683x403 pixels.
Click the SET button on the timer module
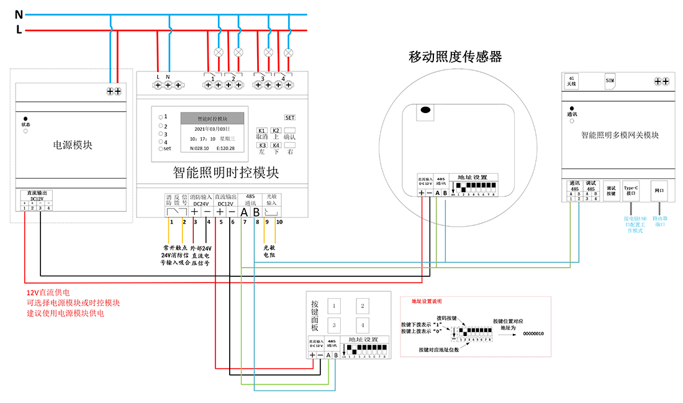tap(290, 117)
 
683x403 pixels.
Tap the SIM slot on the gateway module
tap(610, 81)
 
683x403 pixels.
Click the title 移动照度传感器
tap(455, 57)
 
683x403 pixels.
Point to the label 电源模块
tap(73, 145)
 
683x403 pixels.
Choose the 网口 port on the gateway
tap(659, 191)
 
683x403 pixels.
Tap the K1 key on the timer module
tap(262, 130)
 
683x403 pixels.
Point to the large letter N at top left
tap(19, 14)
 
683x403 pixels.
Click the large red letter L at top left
tap(19, 30)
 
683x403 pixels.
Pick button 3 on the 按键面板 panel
tap(334, 325)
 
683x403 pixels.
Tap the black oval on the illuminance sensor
tap(425, 111)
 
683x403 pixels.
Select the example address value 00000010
tap(533, 333)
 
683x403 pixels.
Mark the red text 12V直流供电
tap(48, 292)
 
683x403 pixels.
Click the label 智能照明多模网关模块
tap(620, 135)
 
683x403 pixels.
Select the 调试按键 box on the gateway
tap(611, 191)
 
